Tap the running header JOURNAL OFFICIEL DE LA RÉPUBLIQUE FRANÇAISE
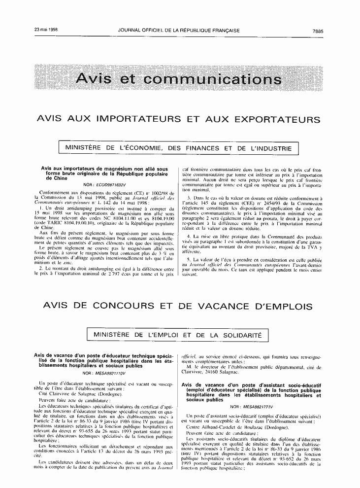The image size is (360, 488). pos(179,31)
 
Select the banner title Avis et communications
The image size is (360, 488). pos(179,79)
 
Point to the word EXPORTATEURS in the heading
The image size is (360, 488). pos(277,119)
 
